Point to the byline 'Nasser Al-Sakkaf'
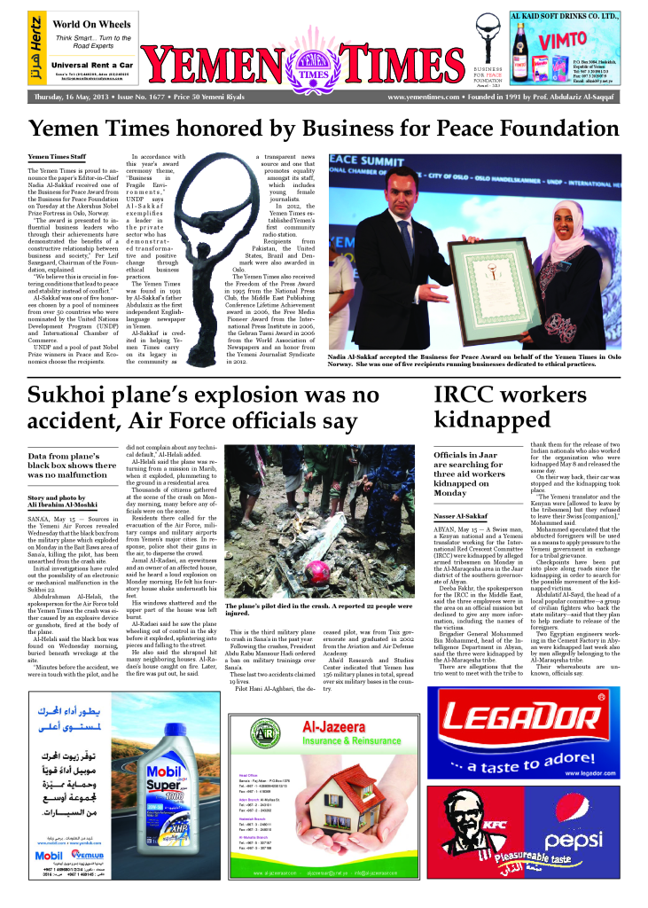pyautogui.click(x=462, y=514)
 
